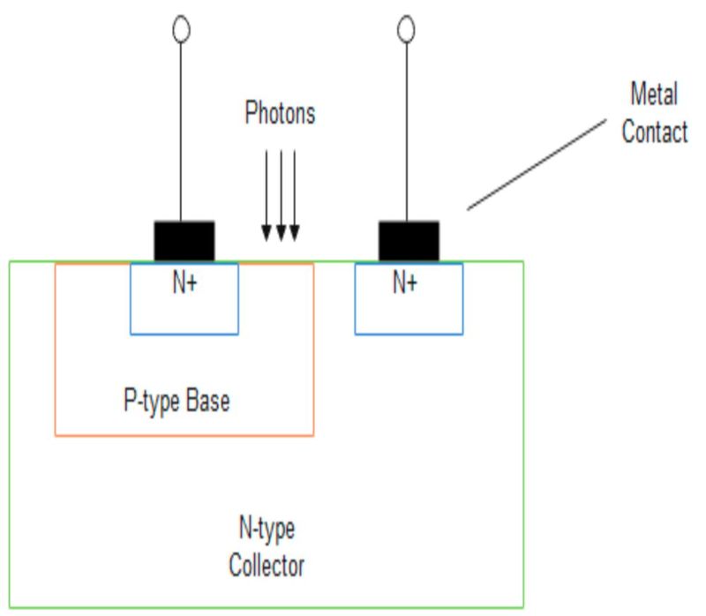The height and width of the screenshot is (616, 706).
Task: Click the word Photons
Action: coord(279,114)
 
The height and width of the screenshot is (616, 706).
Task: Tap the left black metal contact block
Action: coord(184,240)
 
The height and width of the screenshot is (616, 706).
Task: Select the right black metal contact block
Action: coord(409,240)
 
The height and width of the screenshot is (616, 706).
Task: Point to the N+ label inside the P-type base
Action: coord(184,284)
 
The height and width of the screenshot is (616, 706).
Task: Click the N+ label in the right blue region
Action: coord(405,284)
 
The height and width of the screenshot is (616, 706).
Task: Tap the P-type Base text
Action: coord(176,402)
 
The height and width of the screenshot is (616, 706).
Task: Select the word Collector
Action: coord(267,564)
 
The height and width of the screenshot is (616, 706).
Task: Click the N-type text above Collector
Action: coord(267,530)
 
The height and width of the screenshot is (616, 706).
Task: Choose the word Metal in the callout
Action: coord(654,93)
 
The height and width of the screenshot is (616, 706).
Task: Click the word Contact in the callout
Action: coord(654,132)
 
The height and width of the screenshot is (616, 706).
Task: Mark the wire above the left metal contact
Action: coord(182,132)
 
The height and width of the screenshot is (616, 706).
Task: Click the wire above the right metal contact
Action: coord(406,132)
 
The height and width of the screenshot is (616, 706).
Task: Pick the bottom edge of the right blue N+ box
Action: coord(409,334)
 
